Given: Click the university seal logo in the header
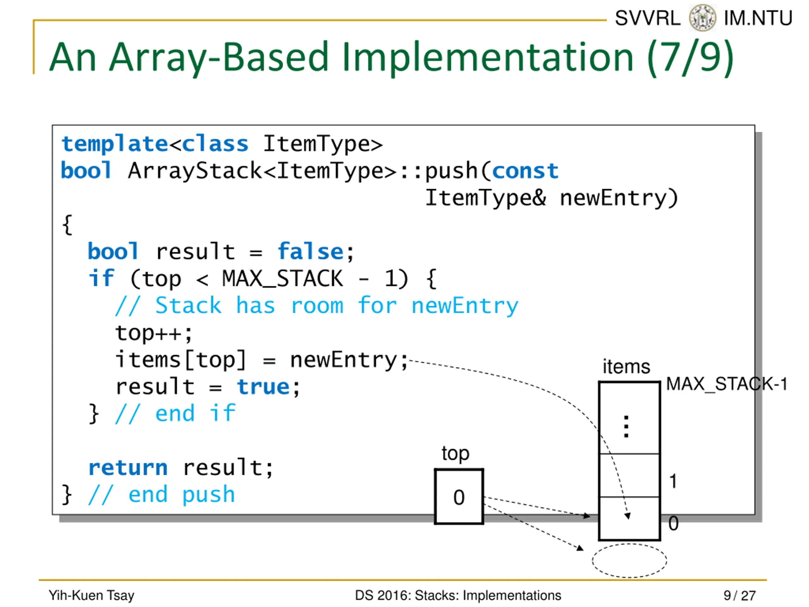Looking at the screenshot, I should pyautogui.click(x=702, y=18).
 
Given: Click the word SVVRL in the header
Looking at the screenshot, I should pyautogui.click(x=647, y=18).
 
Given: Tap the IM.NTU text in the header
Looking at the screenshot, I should pyautogui.click(x=758, y=18).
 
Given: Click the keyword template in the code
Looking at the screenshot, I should pyautogui.click(x=114, y=144).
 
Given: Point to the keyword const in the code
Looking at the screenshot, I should pyautogui.click(x=525, y=171).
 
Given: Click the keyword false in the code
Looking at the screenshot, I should pyautogui.click(x=310, y=252).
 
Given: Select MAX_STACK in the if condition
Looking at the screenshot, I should pyautogui.click(x=282, y=279).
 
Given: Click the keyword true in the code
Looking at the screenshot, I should pyautogui.click(x=263, y=387).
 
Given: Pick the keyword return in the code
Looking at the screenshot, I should pyautogui.click(x=128, y=468).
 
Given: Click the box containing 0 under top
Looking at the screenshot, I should pyautogui.click(x=459, y=496).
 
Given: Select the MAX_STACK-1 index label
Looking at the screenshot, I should pyautogui.click(x=726, y=384).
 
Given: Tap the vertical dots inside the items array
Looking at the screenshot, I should pyautogui.click(x=626, y=426).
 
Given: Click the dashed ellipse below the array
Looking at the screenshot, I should pyautogui.click(x=629, y=560).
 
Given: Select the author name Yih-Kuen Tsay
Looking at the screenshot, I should pyautogui.click(x=91, y=595).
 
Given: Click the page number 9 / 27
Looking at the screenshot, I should pyautogui.click(x=739, y=595).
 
